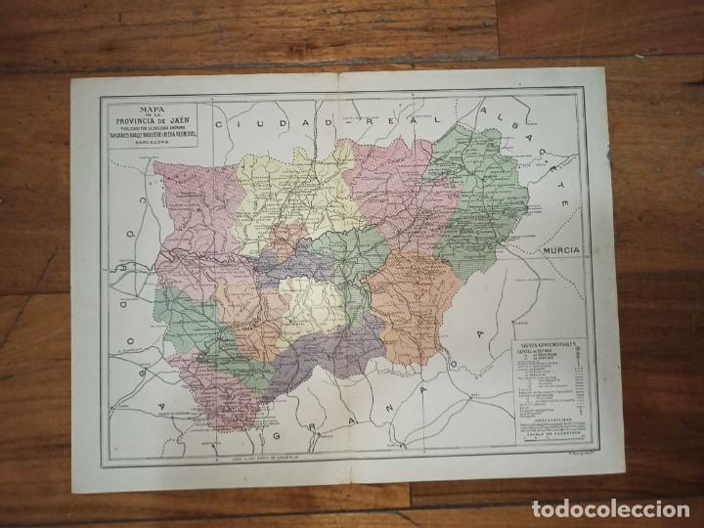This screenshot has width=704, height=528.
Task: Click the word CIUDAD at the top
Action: click(x=261, y=126)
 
